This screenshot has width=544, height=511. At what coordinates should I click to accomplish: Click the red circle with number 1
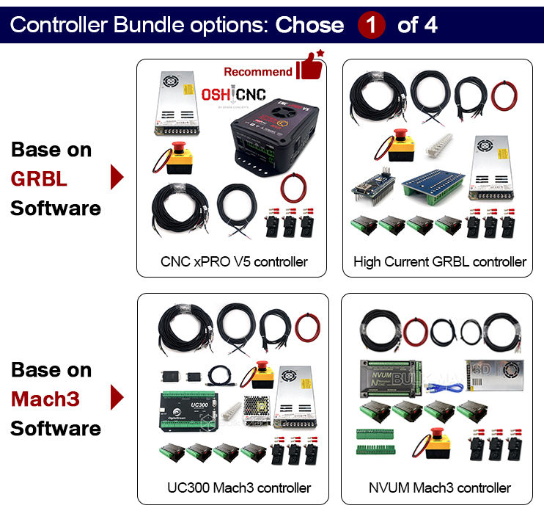coord(372,25)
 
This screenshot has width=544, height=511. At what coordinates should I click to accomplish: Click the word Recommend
coord(257,72)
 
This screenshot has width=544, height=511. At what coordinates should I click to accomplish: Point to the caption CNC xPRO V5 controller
coord(234,261)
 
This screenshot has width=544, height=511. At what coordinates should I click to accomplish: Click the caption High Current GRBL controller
coord(440,261)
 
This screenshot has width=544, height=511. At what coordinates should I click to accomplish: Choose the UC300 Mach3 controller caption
coord(238,488)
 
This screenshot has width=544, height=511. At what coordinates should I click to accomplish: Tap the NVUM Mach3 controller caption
coord(440,488)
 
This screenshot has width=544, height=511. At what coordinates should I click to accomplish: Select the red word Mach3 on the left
coord(45,399)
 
